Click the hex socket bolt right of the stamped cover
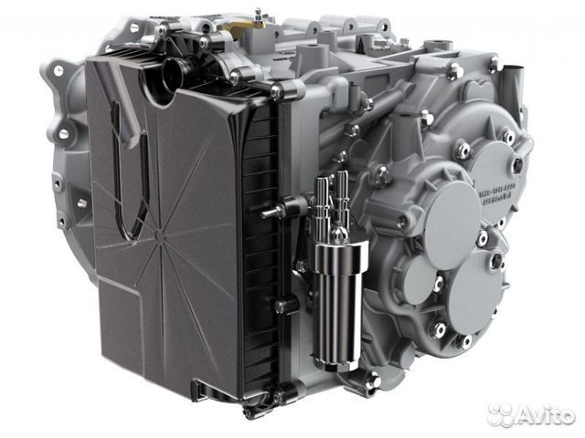pos(516,165)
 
